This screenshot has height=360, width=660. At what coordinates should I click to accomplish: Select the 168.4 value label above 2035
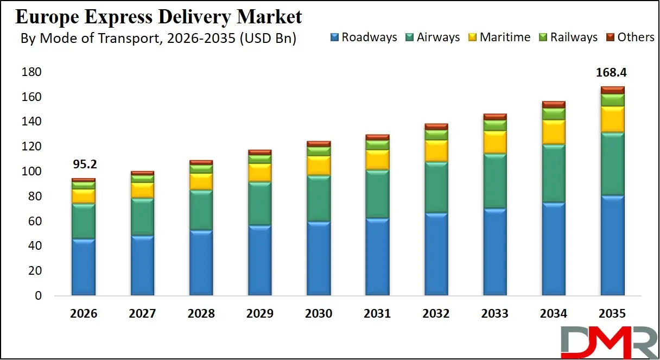click(612, 73)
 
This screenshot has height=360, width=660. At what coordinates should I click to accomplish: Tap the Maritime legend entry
click(499, 37)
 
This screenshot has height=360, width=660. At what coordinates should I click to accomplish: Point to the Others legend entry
click(630, 37)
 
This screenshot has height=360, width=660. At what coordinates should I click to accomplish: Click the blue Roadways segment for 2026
click(83, 267)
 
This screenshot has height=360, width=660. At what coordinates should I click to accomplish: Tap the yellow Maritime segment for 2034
click(554, 132)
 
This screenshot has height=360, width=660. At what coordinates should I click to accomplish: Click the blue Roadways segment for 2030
click(319, 258)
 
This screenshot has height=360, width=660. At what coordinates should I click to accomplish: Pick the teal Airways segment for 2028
click(201, 210)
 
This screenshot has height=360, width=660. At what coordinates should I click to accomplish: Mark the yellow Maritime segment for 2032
click(436, 150)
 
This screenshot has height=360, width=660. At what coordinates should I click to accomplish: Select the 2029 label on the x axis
click(259, 314)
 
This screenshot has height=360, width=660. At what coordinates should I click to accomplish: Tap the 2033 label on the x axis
click(494, 314)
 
